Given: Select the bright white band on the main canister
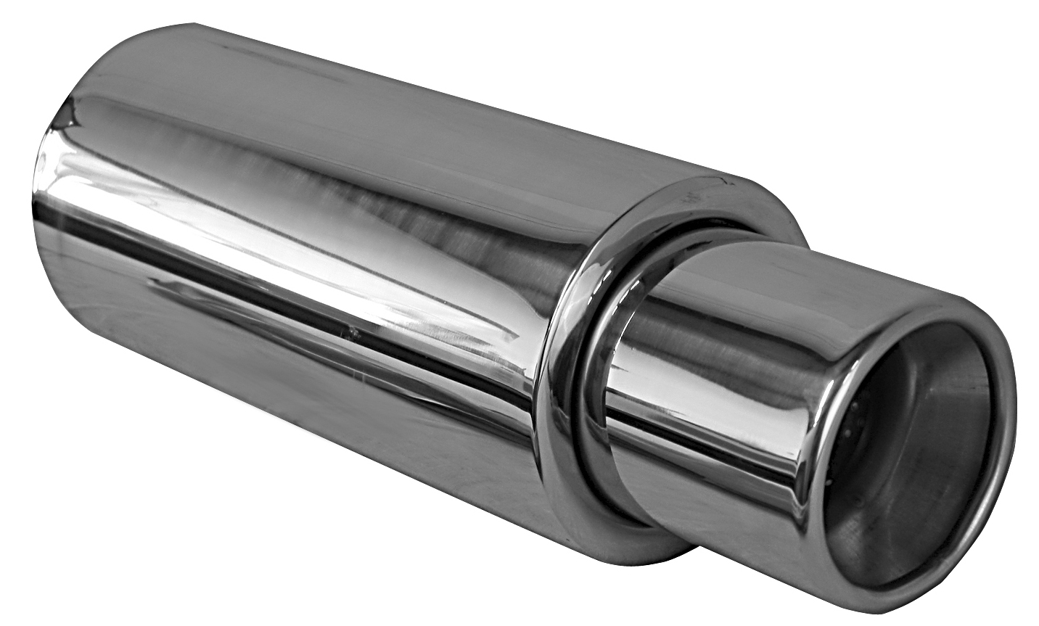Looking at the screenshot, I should [x=290, y=239].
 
